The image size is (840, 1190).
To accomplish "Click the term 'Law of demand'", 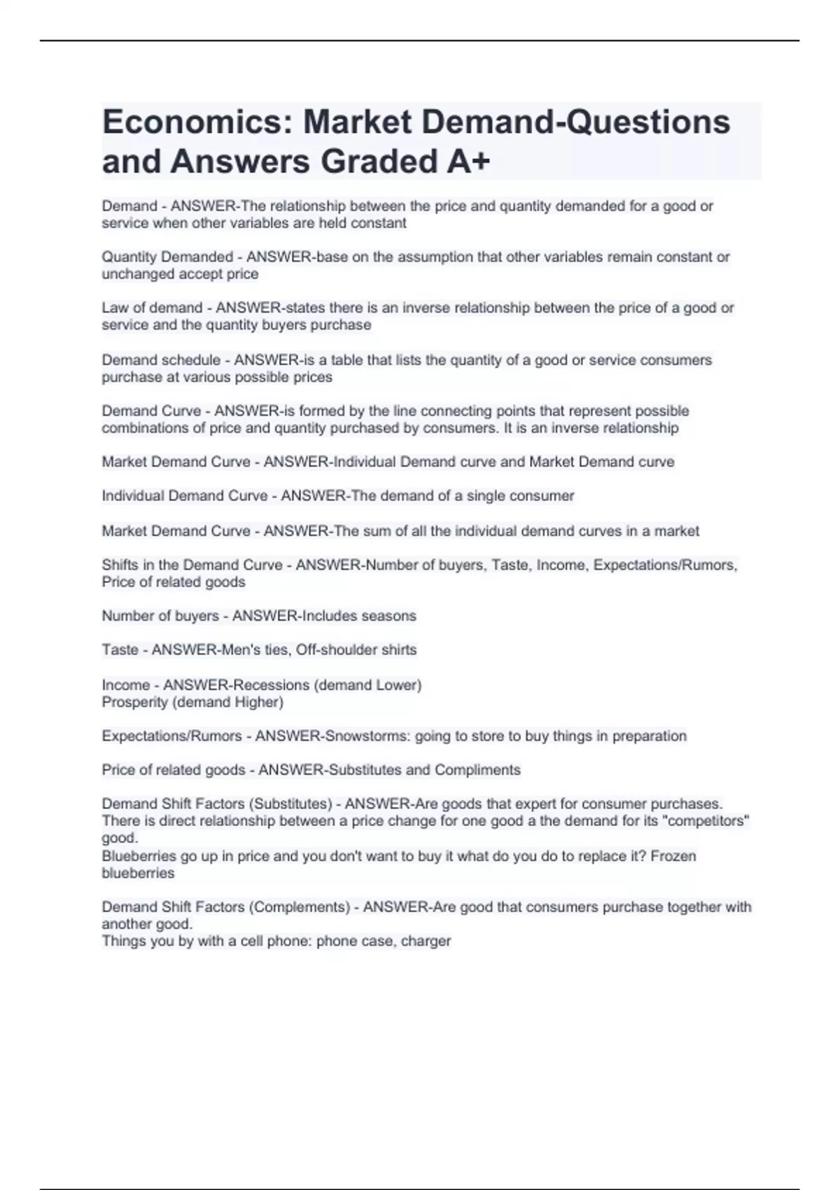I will pos(152,308).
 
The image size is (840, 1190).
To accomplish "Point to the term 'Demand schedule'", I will pos(161,360).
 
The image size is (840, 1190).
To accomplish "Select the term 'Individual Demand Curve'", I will pos(185,496).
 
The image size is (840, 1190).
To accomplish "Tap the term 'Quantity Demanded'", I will pos(167,257).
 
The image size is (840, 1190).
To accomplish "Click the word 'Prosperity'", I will pos(134,702).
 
